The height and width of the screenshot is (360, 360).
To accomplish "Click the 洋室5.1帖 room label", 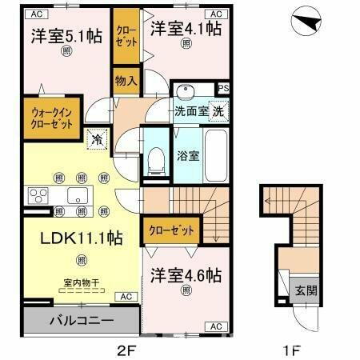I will click(x=66, y=35).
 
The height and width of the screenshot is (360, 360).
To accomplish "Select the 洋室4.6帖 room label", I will click(x=185, y=276).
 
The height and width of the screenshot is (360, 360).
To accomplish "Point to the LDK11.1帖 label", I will click(x=71, y=238).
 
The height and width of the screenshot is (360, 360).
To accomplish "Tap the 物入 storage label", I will click(x=126, y=80).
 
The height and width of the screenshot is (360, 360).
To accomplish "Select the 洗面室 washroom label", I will click(x=191, y=112).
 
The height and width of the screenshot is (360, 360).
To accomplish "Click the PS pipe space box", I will click(x=224, y=89).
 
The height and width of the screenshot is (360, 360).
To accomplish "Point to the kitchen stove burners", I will click(x=37, y=195).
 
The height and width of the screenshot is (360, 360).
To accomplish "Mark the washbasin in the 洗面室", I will click(x=186, y=90).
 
